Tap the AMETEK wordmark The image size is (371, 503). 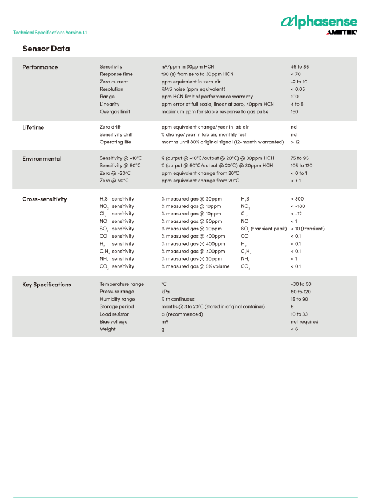(x=341, y=33)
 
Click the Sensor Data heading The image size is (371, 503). (x=46, y=49)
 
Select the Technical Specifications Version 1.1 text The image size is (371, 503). (x=50, y=33)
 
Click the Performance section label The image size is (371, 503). (x=40, y=67)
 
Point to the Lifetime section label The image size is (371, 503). (x=33, y=127)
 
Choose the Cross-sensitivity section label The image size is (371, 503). (x=45, y=199)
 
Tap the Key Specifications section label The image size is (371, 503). (x=47, y=284)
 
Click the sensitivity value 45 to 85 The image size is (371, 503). (x=300, y=67)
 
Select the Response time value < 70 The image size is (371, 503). (x=295, y=74)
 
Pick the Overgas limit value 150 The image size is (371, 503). (x=295, y=111)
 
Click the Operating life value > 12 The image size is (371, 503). (x=295, y=142)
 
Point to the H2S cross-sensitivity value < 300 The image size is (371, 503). (x=297, y=199)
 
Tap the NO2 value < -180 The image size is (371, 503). (x=298, y=206)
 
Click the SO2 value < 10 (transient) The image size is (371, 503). (x=307, y=229)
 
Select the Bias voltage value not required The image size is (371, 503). (x=304, y=321)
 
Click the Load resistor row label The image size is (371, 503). (x=114, y=314)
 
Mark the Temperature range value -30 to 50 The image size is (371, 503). (x=301, y=284)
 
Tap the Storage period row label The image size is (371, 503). (x=116, y=306)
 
